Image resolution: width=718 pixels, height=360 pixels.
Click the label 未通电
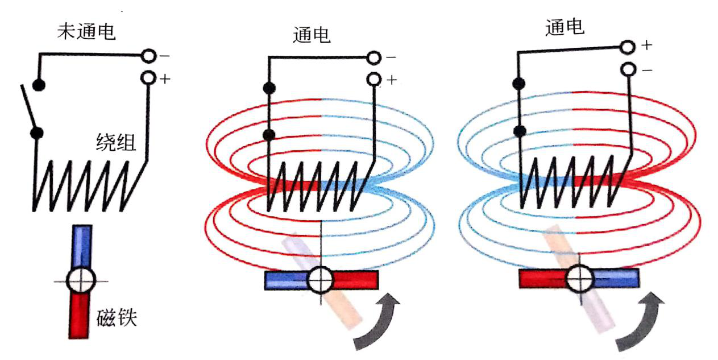coord(86,32)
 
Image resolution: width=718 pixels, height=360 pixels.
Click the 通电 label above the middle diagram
coord(312,35)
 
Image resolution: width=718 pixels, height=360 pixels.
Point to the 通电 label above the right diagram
coord(564,27)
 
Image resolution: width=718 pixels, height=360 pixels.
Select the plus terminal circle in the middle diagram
coord(374,79)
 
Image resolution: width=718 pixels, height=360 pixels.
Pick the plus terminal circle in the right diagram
coord(628,45)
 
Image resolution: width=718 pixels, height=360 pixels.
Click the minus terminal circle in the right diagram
coord(628,69)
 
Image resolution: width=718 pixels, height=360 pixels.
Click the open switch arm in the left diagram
coord(28,108)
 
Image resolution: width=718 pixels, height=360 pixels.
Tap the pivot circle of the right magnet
coord(580,278)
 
